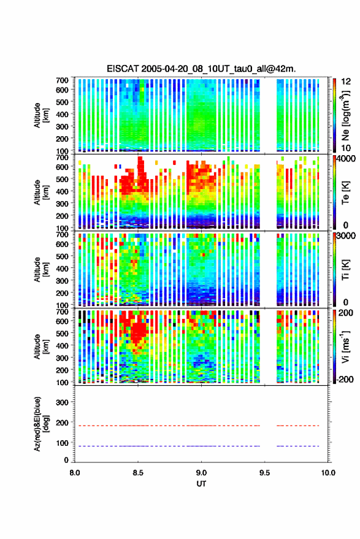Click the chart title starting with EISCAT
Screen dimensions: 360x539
[x=201, y=69]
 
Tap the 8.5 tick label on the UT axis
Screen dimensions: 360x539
[x=138, y=473]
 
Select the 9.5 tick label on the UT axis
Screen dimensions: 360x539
[x=264, y=473]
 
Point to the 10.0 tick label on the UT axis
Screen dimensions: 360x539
[x=328, y=473]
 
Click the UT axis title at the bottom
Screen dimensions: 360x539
[x=201, y=484]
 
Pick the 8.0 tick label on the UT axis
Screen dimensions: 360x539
[x=75, y=473]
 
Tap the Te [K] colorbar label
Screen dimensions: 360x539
[x=345, y=193]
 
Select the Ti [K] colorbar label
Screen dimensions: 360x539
[x=345, y=270]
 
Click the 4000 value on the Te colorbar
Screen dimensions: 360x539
[x=347, y=159]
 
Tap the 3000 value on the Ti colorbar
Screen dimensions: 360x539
[x=347, y=236]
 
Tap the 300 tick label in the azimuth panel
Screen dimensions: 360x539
[x=62, y=402]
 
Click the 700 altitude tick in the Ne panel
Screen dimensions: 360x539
[x=62, y=80]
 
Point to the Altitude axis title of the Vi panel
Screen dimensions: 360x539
[x=40, y=346]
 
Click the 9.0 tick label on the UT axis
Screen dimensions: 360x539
[x=201, y=473]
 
